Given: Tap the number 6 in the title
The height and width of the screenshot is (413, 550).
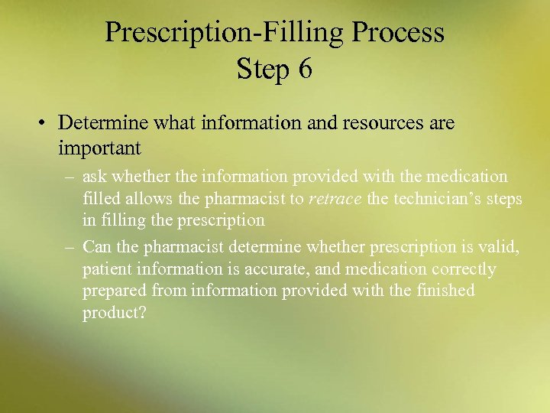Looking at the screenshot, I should (x=305, y=69).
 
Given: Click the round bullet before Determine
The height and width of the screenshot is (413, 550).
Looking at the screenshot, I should (x=45, y=123).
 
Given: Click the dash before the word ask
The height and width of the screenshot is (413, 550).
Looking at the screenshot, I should (x=70, y=177).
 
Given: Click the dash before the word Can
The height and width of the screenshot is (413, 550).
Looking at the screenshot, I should (x=70, y=247).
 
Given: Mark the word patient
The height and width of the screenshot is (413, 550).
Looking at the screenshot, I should (x=107, y=269).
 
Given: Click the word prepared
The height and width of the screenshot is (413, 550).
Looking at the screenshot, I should (x=115, y=291).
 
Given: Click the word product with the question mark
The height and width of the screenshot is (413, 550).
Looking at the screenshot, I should (x=114, y=313).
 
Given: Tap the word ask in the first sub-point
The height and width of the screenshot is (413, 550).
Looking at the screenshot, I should (x=95, y=177).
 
